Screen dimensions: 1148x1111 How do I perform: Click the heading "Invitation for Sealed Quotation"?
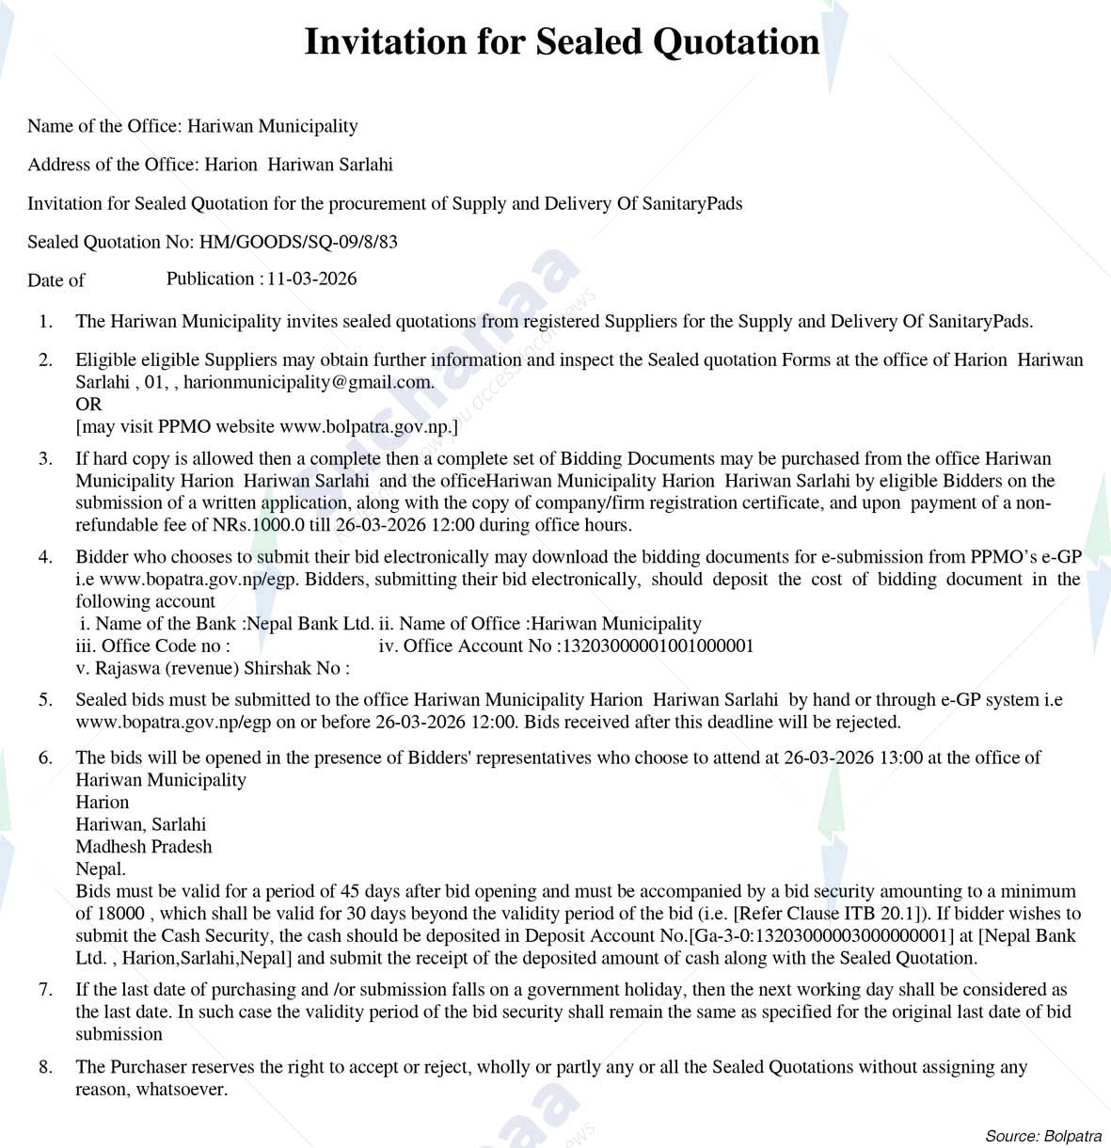(x=562, y=42)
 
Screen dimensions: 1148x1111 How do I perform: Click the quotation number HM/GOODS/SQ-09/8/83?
(x=298, y=242)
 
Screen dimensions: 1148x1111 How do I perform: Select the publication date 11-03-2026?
(x=311, y=279)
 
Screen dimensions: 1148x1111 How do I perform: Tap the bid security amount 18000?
(x=121, y=913)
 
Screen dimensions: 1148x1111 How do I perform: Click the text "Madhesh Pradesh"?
(x=144, y=846)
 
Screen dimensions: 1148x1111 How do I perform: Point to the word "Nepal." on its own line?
(x=101, y=869)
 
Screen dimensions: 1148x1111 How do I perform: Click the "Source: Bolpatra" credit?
(x=1042, y=1136)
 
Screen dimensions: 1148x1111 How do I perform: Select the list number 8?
(x=45, y=1067)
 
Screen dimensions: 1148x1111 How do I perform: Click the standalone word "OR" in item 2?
(x=88, y=405)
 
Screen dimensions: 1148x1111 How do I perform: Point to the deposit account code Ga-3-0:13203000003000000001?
(x=817, y=935)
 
